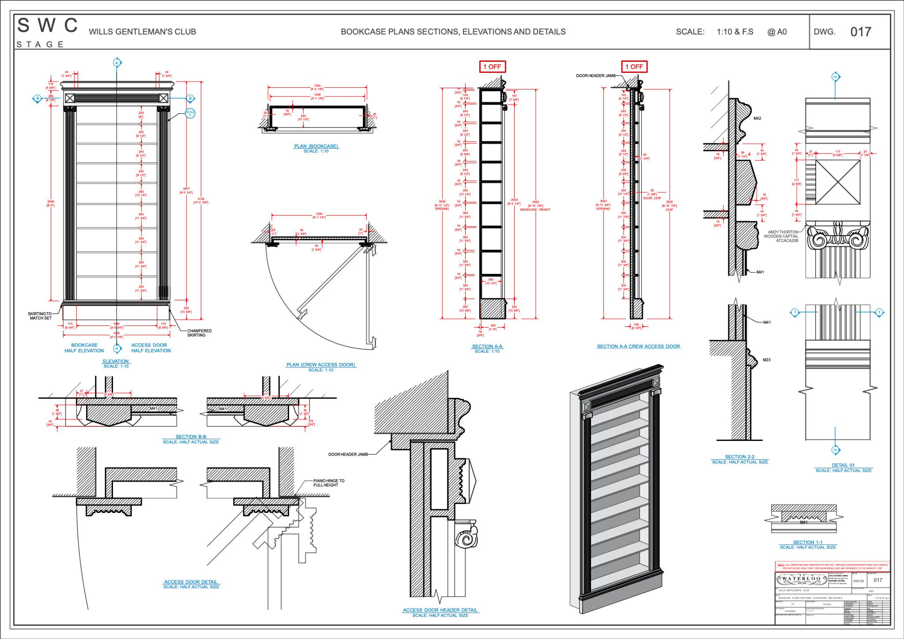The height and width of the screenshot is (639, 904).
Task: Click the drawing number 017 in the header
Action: pos(860,32)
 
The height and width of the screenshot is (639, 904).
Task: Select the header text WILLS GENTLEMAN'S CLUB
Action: pos(142,32)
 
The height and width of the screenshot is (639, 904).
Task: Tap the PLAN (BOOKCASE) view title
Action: pos(316,146)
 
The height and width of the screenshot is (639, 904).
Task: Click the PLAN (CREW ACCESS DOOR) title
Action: pos(321,365)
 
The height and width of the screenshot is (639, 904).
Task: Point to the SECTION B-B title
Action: pos(191,437)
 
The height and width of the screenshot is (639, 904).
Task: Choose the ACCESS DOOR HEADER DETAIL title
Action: pos(440,610)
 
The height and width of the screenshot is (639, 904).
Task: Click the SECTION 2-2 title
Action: pos(739,457)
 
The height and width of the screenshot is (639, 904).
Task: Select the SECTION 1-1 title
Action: pos(808,542)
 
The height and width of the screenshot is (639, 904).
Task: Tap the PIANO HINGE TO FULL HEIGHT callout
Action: pos(329,483)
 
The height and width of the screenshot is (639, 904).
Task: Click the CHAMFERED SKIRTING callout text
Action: pos(199,333)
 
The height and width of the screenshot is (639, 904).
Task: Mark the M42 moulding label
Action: pos(757,118)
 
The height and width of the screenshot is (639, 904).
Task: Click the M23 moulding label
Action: pos(767,360)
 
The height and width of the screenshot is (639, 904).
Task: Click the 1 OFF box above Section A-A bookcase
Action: pos(492,67)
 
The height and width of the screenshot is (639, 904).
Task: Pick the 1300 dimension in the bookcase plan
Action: pos(317,86)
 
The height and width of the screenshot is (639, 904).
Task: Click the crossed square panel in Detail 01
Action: pos(837,182)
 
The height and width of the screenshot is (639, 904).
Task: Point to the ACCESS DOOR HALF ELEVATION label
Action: pos(151,348)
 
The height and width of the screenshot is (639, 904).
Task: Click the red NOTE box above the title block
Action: pos(832,566)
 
